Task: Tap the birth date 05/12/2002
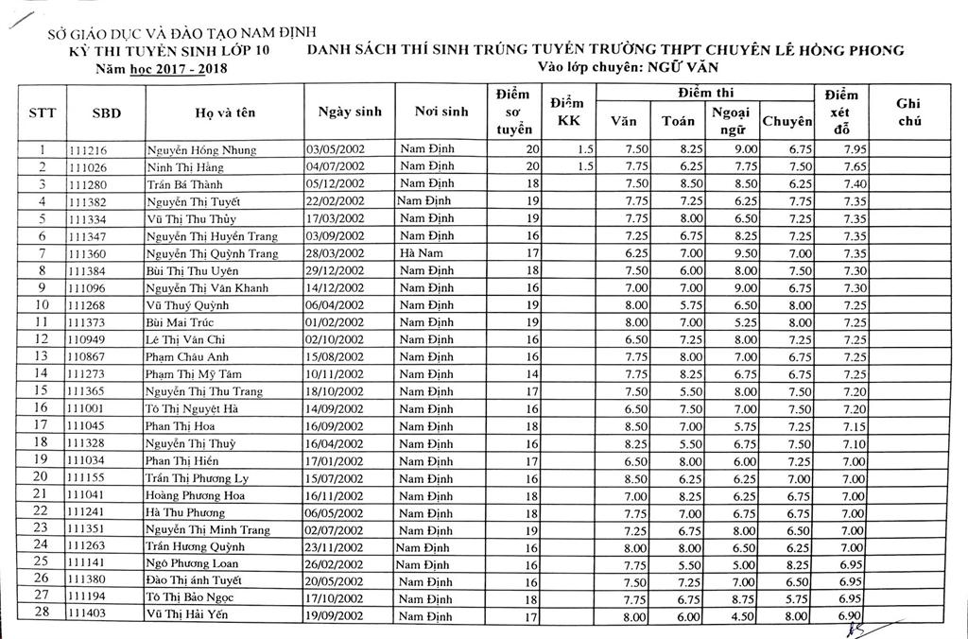tap(335, 183)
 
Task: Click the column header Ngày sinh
tap(344, 112)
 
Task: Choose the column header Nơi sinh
tap(441, 112)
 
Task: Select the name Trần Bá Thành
tap(185, 183)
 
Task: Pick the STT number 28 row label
tap(41, 614)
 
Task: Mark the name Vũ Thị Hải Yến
tap(188, 614)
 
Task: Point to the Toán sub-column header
tap(678, 121)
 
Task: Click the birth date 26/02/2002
tap(335, 562)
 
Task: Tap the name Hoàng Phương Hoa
tap(196, 494)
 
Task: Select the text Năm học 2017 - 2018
tap(163, 68)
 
